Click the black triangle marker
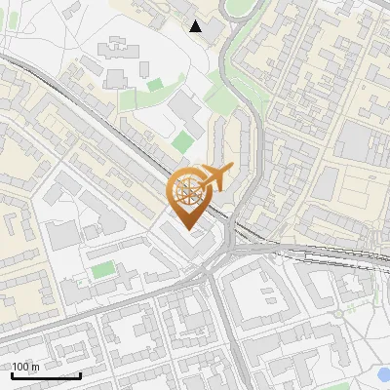tap(196, 26)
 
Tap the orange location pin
tap(192, 195)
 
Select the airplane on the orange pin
tap(216, 176)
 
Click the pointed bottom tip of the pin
tap(190, 230)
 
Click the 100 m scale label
tap(26, 367)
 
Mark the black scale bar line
tap(45, 375)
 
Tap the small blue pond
tap(381, 372)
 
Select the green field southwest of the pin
tap(103, 268)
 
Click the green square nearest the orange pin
tap(182, 141)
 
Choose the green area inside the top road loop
tap(238, 8)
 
